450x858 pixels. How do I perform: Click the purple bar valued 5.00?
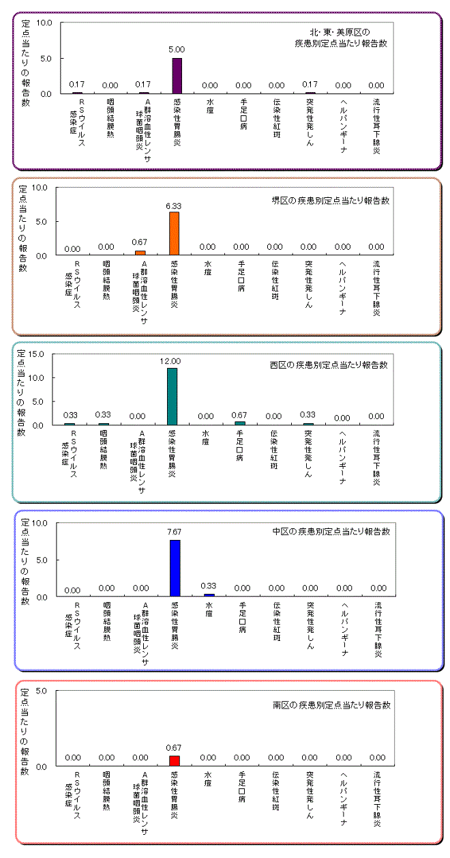(177, 75)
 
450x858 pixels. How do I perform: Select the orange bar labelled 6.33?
(175, 233)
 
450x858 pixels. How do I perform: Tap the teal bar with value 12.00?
(172, 396)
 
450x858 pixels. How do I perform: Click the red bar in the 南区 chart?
(175, 760)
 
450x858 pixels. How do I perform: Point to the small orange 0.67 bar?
(140, 253)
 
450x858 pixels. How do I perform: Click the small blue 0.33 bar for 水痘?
(209, 595)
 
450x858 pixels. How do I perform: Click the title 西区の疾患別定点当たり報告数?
(329, 364)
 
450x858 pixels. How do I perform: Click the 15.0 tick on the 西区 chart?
(37, 354)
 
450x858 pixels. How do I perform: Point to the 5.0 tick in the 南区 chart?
(40, 691)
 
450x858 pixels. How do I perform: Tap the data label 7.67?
(175, 532)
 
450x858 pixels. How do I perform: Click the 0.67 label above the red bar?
(175, 748)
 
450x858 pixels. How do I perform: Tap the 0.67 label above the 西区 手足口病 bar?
(239, 414)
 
